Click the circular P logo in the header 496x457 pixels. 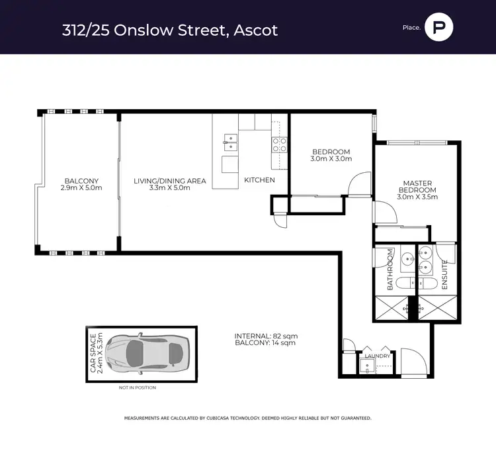[438, 27]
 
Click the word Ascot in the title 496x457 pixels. [255, 30]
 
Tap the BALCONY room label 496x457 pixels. [81, 181]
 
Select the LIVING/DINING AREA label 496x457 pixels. [170, 181]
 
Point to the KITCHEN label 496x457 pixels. [259, 180]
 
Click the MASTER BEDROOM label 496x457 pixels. [417, 187]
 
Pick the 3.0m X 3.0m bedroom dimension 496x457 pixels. [331, 159]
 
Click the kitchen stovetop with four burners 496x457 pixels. [280, 145]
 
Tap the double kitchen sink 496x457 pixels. [231, 142]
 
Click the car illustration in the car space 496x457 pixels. [147, 354]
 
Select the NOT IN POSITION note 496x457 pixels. [138, 387]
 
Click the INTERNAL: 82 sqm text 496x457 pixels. [266, 336]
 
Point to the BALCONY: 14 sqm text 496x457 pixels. [265, 342]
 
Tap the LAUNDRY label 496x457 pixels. [378, 356]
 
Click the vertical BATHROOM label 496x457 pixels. [390, 270]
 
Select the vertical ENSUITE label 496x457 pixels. [444, 275]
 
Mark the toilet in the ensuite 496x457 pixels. [428, 283]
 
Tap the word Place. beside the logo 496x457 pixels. [411, 28]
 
